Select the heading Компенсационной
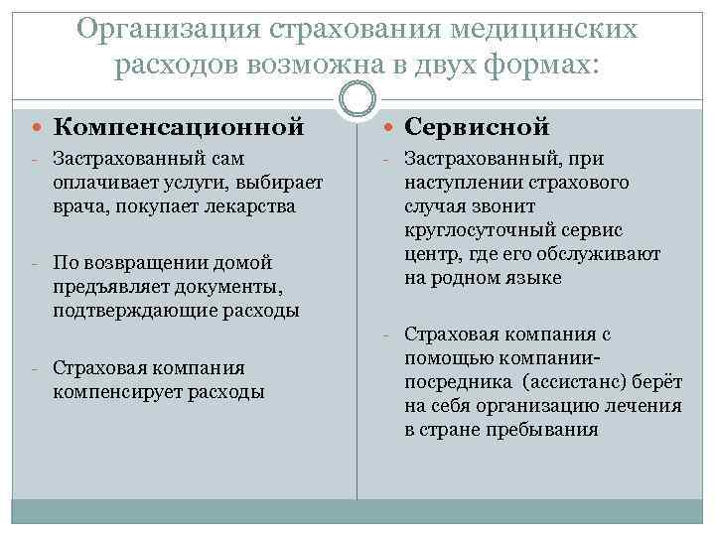click(x=178, y=127)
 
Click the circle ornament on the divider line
click(x=357, y=99)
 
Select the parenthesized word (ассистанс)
click(x=557, y=382)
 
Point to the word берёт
click(x=652, y=382)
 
